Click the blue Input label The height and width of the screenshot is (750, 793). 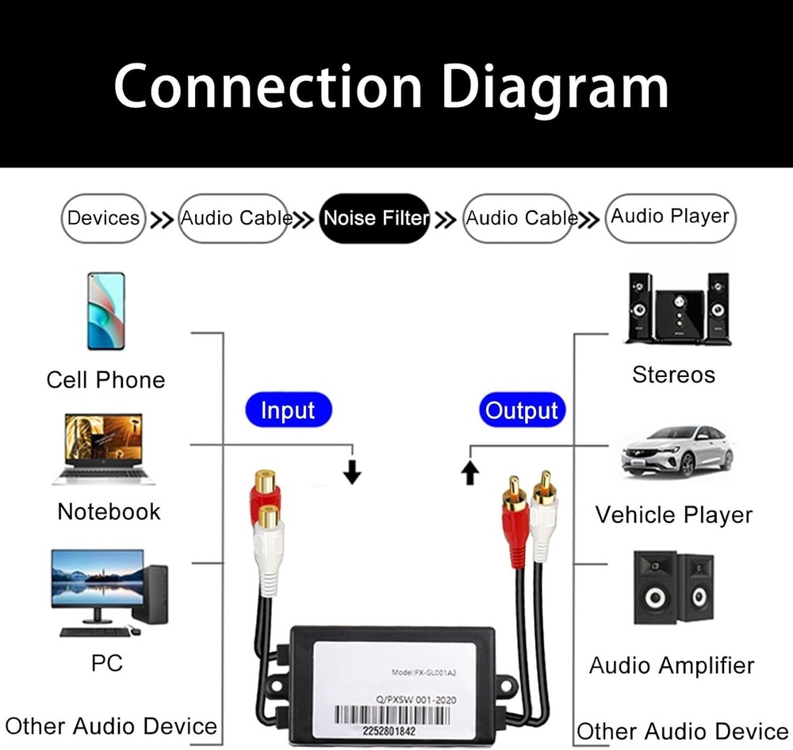tap(287, 411)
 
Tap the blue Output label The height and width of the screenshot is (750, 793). tap(522, 411)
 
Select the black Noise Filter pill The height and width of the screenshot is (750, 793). tap(375, 218)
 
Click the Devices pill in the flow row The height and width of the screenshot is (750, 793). tap(104, 218)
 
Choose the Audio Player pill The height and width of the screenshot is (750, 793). tap(670, 217)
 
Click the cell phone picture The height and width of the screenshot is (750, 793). tap(106, 310)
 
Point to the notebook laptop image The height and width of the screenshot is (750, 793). tap(104, 448)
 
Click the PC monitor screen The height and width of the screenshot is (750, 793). tap(98, 578)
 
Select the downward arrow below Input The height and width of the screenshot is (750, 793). tap(353, 474)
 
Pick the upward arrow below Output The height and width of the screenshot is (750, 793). tap(470, 474)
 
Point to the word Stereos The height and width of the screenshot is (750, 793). tap(673, 375)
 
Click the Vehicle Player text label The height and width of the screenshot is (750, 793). tap(673, 515)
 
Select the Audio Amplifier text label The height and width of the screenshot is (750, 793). tap(672, 665)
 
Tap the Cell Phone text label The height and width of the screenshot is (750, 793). tap(105, 379)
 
